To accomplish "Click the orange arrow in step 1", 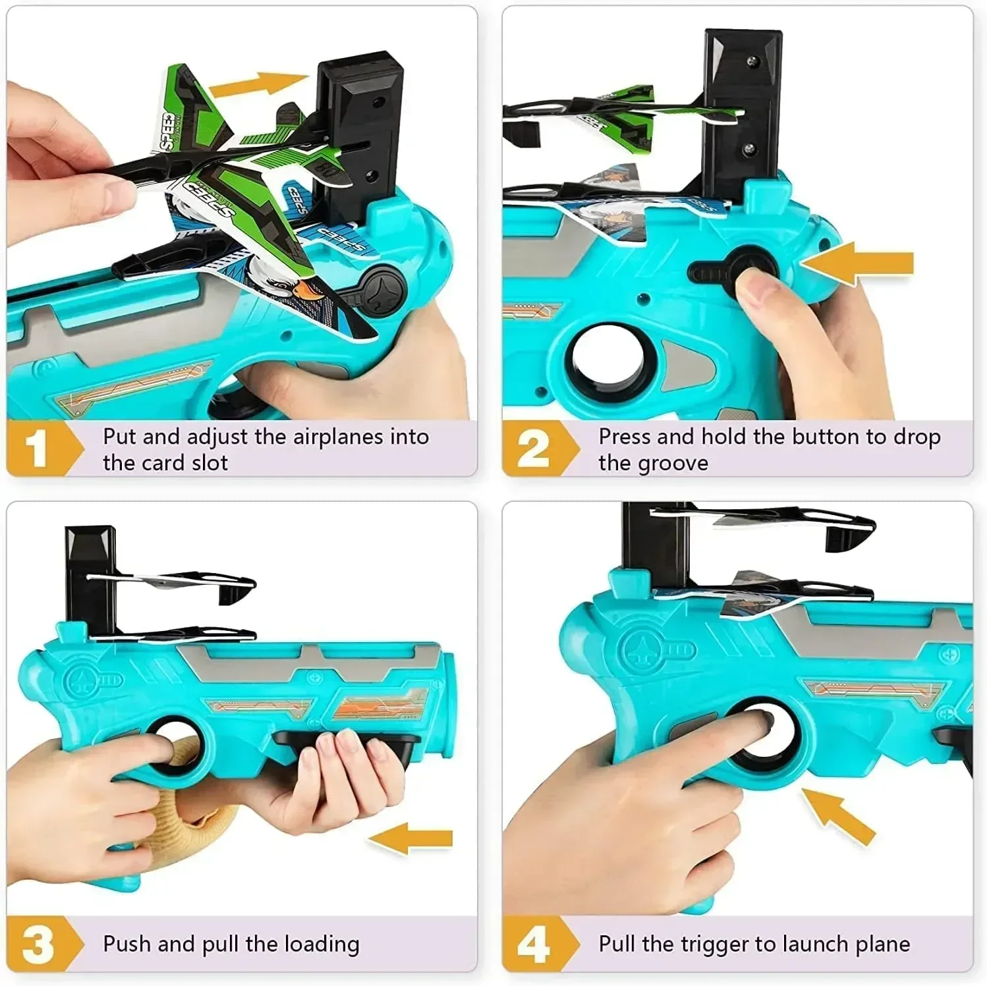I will (257, 85).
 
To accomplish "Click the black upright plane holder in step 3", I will (91, 573).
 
